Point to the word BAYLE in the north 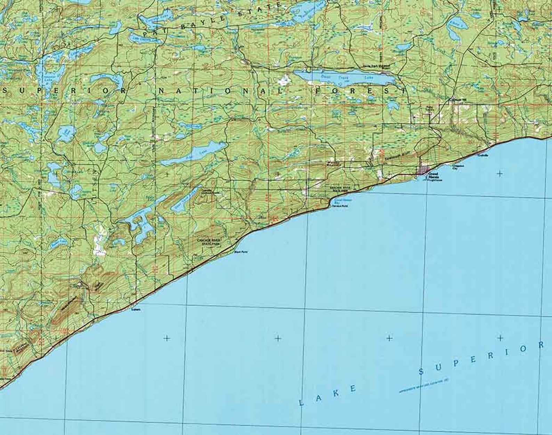pos(212,21)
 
